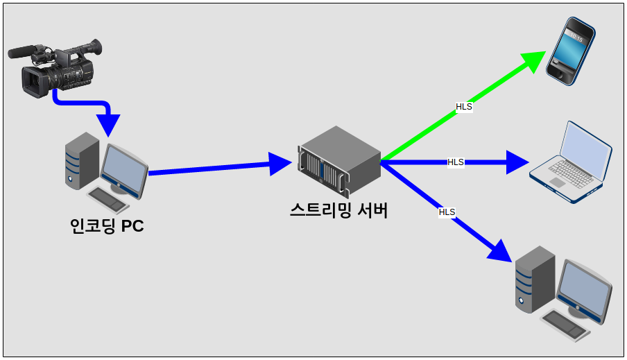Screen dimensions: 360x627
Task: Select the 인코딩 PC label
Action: tap(107, 226)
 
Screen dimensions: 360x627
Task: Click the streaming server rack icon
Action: tap(340, 162)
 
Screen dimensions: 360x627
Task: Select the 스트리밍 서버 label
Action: tap(338, 210)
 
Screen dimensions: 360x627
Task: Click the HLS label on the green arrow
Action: tap(464, 107)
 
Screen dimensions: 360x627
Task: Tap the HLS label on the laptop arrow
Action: tap(456, 162)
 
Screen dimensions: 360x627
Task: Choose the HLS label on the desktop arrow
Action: tap(447, 212)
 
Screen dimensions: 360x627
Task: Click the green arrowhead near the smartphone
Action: tap(534, 61)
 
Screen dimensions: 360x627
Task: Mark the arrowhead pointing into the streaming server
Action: tap(280, 164)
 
